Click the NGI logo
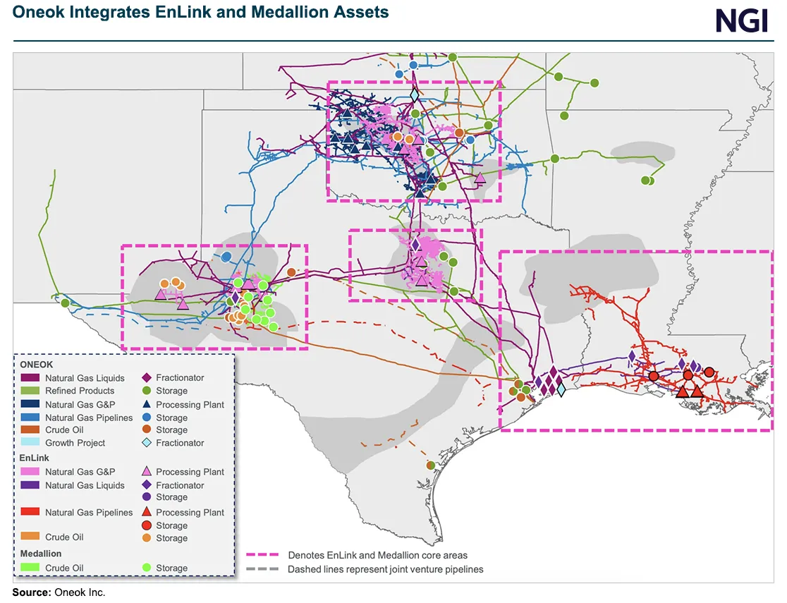click(x=742, y=20)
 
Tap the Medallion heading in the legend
click(x=41, y=554)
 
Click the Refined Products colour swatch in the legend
click(x=30, y=391)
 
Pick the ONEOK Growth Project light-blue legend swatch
click(x=30, y=443)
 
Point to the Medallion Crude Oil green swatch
click(x=30, y=568)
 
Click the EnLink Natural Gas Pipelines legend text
click(x=89, y=513)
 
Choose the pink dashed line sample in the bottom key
click(x=264, y=555)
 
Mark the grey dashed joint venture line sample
click(x=264, y=569)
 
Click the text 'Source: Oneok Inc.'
click(x=59, y=592)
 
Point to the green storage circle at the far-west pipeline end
click(x=65, y=303)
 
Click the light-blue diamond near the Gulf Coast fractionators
click(x=561, y=389)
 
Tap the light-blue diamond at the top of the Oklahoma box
click(x=415, y=95)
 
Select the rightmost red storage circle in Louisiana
click(x=709, y=372)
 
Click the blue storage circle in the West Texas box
click(x=226, y=257)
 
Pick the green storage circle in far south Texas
click(x=431, y=465)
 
